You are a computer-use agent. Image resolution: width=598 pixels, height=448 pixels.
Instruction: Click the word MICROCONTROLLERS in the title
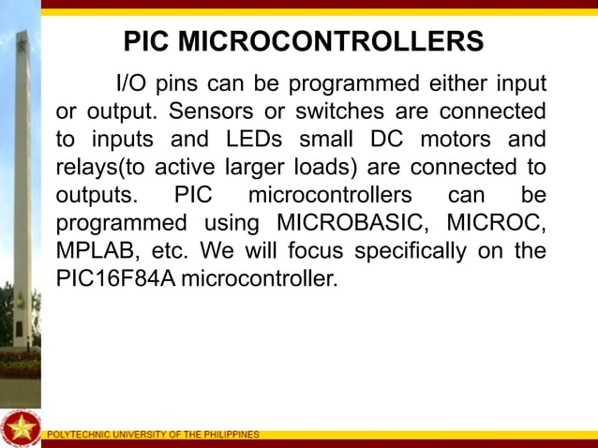coord(331,42)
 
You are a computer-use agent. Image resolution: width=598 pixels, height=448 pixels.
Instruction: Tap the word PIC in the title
coord(148,42)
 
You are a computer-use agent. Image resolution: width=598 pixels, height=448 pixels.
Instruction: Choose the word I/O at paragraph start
coord(130,84)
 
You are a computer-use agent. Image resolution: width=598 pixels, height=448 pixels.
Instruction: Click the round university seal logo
coord(20,427)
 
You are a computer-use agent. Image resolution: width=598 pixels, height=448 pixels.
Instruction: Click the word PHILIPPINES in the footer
coord(231,435)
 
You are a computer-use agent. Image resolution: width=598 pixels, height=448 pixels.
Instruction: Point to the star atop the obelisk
coord(20,42)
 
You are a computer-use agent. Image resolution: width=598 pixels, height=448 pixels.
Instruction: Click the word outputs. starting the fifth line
coord(96,197)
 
